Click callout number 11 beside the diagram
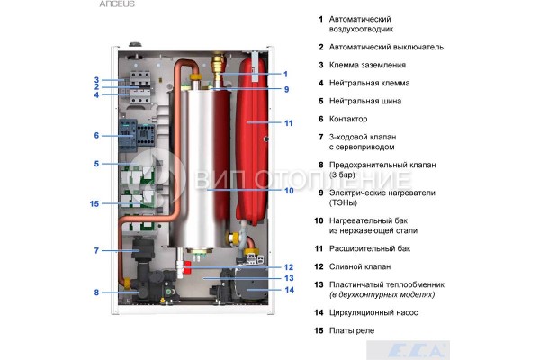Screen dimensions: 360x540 pos(289,122)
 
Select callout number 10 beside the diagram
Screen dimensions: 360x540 pos(289,191)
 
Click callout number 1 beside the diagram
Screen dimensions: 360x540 pos(286,74)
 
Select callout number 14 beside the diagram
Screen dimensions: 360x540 pos(289,290)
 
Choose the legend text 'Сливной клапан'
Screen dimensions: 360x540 pos(360,266)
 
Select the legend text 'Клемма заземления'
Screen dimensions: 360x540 pos(367,65)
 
